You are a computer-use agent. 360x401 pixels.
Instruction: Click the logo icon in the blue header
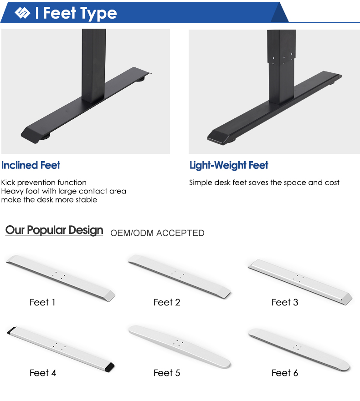[x=22, y=13]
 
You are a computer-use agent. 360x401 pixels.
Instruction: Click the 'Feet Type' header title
[x=80, y=13]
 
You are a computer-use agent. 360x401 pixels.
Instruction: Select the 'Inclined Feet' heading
[x=31, y=165]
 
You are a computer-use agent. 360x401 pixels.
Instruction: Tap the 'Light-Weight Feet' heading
[x=229, y=166]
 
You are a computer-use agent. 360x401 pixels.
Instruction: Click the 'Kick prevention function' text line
[x=44, y=183]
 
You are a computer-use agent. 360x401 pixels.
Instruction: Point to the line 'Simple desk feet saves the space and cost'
[x=264, y=183]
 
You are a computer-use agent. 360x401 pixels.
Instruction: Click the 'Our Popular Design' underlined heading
[x=54, y=230]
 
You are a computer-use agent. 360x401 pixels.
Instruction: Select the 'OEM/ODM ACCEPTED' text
[x=157, y=233]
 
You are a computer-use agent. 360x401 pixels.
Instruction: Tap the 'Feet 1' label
[x=42, y=302]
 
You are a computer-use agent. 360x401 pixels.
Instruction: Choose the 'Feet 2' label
[x=167, y=302]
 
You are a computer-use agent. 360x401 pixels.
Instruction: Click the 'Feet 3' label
[x=285, y=302]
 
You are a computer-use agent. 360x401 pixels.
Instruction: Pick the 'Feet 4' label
[x=43, y=373]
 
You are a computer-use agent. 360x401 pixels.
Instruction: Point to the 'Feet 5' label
[x=167, y=373]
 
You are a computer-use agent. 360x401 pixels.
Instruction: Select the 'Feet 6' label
[x=285, y=373]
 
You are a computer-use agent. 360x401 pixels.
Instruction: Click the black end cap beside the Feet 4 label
[x=110, y=367]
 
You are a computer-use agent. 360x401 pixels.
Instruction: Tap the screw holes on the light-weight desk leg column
[x=283, y=57]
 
